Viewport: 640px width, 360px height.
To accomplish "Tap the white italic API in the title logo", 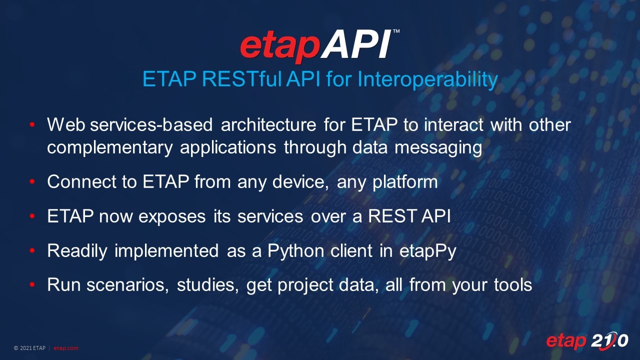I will [x=356, y=46].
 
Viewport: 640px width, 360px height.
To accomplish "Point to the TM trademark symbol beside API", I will [x=396, y=31].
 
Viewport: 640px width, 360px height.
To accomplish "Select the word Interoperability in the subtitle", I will [x=427, y=80].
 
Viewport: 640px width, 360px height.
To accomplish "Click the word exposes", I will [x=176, y=216].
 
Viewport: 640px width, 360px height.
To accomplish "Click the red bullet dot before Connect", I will [x=32, y=182].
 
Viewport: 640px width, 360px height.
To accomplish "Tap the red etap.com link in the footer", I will [x=66, y=348].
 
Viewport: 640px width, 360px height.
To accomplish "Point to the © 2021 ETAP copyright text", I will [x=29, y=348].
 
